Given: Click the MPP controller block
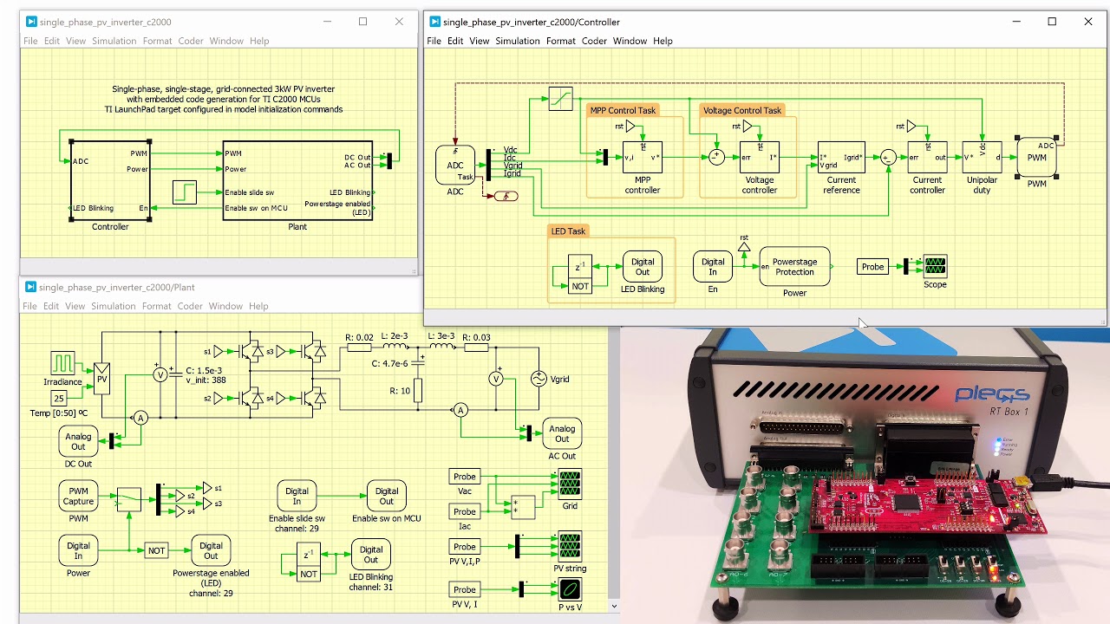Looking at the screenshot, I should point(643,158).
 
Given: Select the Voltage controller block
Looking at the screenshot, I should point(759,158).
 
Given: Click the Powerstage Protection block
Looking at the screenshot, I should point(794,267).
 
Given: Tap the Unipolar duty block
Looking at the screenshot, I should point(982,158).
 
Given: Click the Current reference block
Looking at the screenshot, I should point(840,158).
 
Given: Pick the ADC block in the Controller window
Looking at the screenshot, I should point(455,165).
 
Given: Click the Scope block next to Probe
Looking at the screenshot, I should point(935,265).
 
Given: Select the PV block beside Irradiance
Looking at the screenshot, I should point(102,379).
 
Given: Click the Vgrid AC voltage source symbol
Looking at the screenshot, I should point(539,379).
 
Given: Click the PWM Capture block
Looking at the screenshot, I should point(78,497).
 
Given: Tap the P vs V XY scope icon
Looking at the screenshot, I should point(570,589).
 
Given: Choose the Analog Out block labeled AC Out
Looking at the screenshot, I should point(562,433).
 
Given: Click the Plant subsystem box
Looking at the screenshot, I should point(297,180).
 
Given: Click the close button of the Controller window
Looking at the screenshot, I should point(1088,22).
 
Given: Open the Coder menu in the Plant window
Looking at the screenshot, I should point(190,306).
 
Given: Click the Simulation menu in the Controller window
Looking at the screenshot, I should point(517,41).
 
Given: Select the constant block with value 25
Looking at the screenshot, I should point(58,399).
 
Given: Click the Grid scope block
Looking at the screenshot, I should point(570,484).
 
